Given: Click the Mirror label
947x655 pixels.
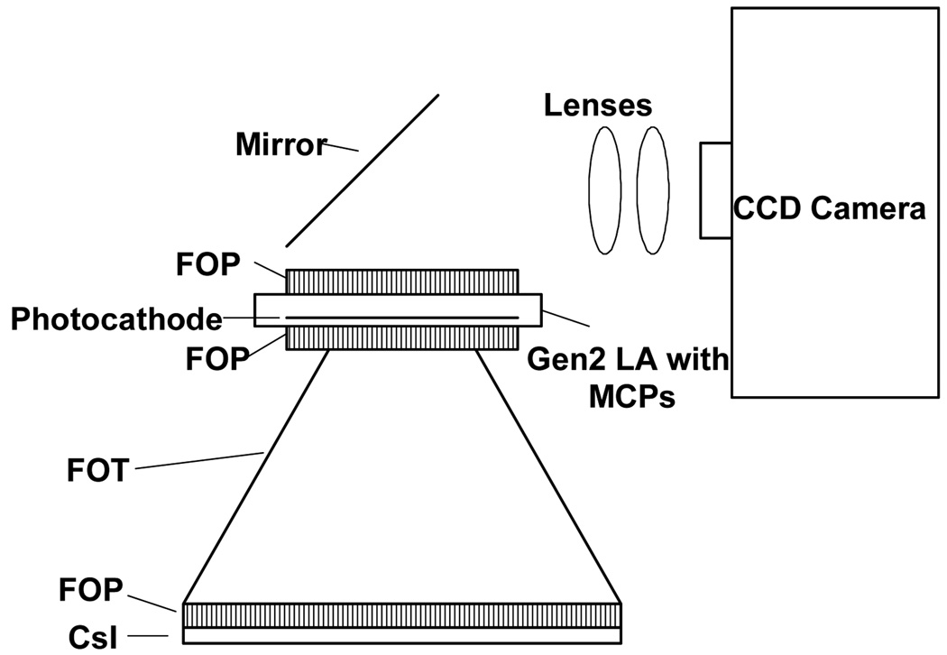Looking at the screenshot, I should point(280,144).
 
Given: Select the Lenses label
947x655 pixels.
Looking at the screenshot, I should point(597,106).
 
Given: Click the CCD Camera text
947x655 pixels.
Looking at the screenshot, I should point(829,209).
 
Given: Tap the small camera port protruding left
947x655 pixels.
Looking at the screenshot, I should point(715,190).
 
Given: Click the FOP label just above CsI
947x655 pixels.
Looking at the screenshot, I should point(90,589).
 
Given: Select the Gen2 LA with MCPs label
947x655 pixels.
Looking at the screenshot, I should point(628,380).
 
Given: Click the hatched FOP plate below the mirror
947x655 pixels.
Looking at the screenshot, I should point(402,281).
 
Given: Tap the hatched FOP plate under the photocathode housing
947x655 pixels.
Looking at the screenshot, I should point(402,337).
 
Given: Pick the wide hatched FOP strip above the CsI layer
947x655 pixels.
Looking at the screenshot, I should point(402,614).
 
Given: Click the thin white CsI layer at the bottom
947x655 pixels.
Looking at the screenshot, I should point(402,636).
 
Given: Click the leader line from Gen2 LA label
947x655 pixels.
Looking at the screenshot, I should point(565,318).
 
